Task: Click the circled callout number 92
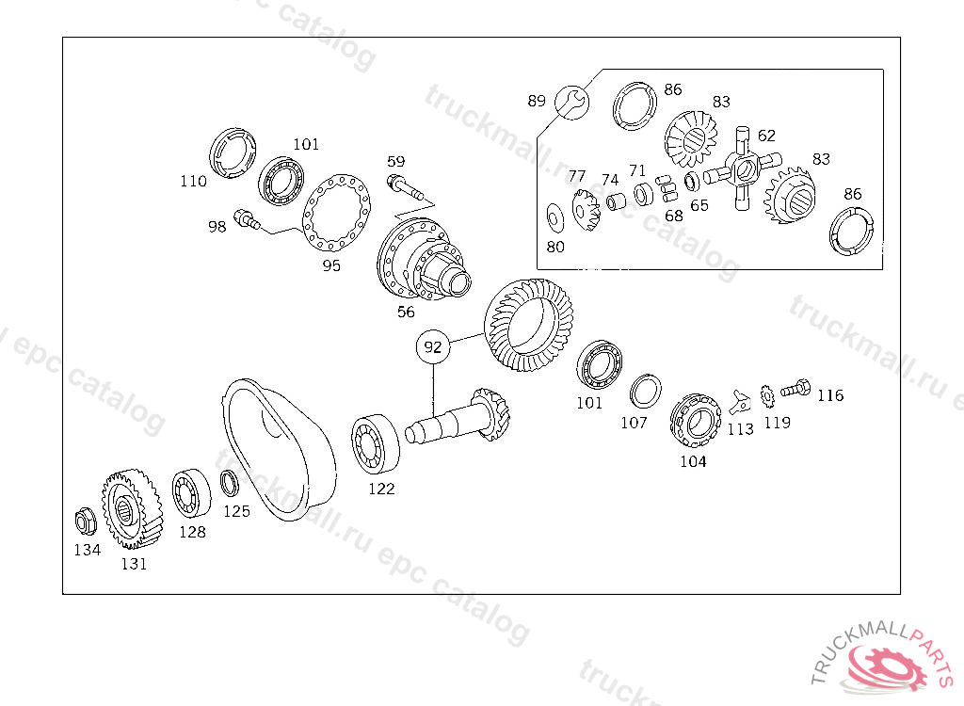point(433,346)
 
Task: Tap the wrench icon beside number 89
point(571,103)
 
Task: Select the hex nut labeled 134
point(86,522)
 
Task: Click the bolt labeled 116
point(795,388)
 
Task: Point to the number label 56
point(406,312)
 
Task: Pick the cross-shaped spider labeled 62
point(743,168)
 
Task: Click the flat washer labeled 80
point(555,218)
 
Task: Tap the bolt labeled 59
point(405,186)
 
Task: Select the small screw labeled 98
point(247,219)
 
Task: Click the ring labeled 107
point(646,392)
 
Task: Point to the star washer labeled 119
point(767,395)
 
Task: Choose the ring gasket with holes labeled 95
point(336,213)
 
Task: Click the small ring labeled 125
point(230,484)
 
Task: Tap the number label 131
point(134,563)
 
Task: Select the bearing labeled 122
point(375,444)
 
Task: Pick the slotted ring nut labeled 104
point(696,422)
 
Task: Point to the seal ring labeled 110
point(233,153)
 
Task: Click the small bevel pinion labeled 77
point(586,210)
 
